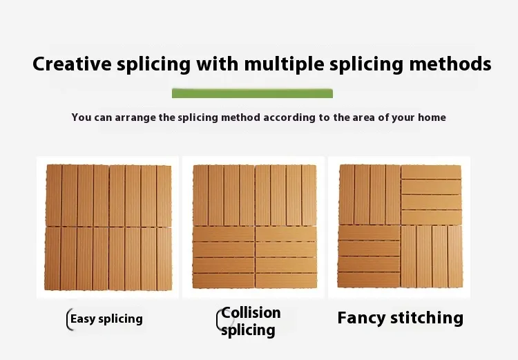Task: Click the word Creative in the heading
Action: pyautogui.click(x=72, y=64)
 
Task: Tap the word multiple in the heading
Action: pyautogui.click(x=284, y=64)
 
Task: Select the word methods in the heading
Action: pyautogui.click(x=450, y=64)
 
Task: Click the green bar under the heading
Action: pyautogui.click(x=252, y=93)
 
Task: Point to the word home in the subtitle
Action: pyautogui.click(x=432, y=117)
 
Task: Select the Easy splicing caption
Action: pyautogui.click(x=106, y=319)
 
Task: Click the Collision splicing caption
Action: pyautogui.click(x=251, y=321)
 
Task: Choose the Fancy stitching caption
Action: pyautogui.click(x=401, y=318)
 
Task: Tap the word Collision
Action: pyautogui.click(x=251, y=313)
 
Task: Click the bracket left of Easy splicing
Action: pyautogui.click(x=68, y=319)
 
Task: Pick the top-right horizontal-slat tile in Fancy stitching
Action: pyautogui.click(x=431, y=195)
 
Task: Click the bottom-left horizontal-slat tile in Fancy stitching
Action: pyautogui.click(x=369, y=256)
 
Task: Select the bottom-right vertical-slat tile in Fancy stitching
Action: pyautogui.click(x=432, y=256)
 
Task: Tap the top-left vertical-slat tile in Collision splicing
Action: pyautogui.click(x=224, y=196)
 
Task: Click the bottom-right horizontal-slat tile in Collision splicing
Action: pyautogui.click(x=286, y=257)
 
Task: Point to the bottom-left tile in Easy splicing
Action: pyautogui.click(x=77, y=258)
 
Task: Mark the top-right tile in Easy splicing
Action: pyautogui.click(x=140, y=196)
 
